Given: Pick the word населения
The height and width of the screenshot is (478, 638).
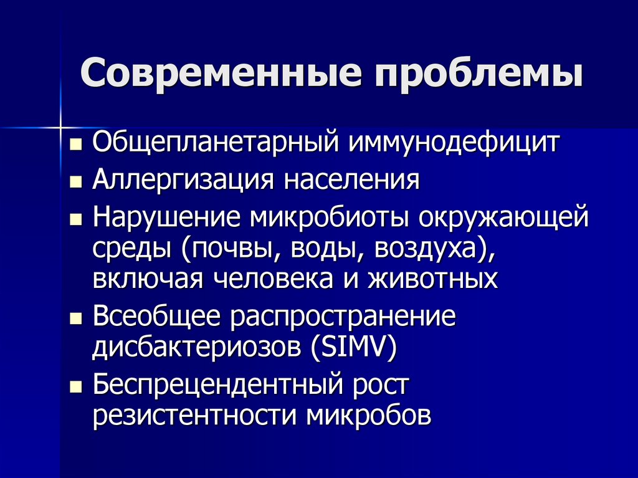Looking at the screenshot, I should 353,181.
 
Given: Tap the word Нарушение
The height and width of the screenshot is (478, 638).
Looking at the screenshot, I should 166,218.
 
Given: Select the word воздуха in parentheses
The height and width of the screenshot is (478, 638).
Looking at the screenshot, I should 426,249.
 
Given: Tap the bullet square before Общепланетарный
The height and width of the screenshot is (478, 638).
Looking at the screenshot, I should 76,146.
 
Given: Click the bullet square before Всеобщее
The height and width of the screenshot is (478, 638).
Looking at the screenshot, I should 76,319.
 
